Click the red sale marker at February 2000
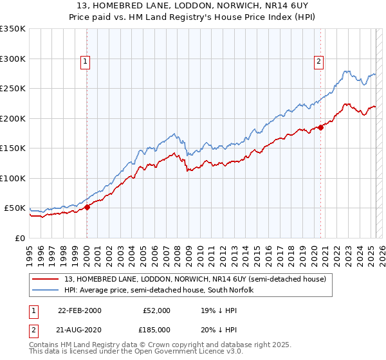coord(87,207)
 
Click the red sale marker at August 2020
coord(321,127)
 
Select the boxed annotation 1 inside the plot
coord(86,62)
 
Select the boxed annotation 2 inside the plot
coord(318,62)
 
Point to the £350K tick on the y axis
coord(14,29)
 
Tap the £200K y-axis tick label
coord(14,118)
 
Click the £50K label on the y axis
coord(15,208)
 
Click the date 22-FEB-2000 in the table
coord(79,310)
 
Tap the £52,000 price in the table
coord(156,310)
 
